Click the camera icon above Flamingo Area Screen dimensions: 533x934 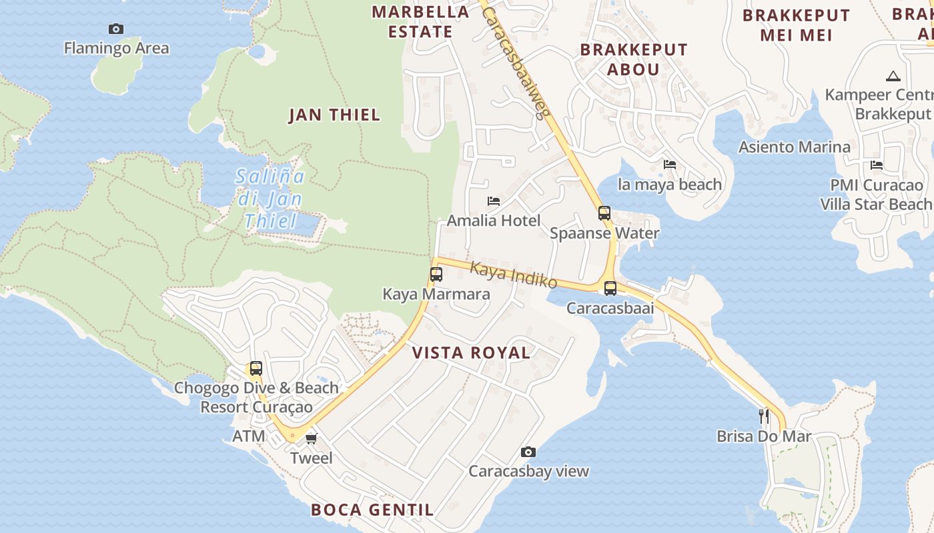point(116,29)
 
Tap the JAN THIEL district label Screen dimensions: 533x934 point(334,115)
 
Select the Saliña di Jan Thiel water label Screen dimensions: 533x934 point(270,199)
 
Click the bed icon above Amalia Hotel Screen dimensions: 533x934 point(494,201)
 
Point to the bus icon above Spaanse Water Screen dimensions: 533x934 point(604,213)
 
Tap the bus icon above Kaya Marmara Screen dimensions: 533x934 point(436,274)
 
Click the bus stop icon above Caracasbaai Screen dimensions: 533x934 point(610,288)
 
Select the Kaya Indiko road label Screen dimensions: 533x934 point(514,274)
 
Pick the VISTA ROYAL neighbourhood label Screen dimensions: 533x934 point(471,353)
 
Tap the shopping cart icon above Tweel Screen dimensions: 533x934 point(312,438)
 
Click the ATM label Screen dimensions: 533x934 point(249,436)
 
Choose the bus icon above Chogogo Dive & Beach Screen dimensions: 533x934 point(256,368)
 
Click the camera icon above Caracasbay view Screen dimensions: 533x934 point(528,452)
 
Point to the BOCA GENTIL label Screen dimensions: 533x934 point(372,510)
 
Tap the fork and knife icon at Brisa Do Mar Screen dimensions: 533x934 point(765,416)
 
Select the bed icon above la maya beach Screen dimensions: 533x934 point(670,165)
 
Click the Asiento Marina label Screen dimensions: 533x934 point(794,147)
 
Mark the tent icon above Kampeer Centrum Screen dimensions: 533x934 point(893,76)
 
